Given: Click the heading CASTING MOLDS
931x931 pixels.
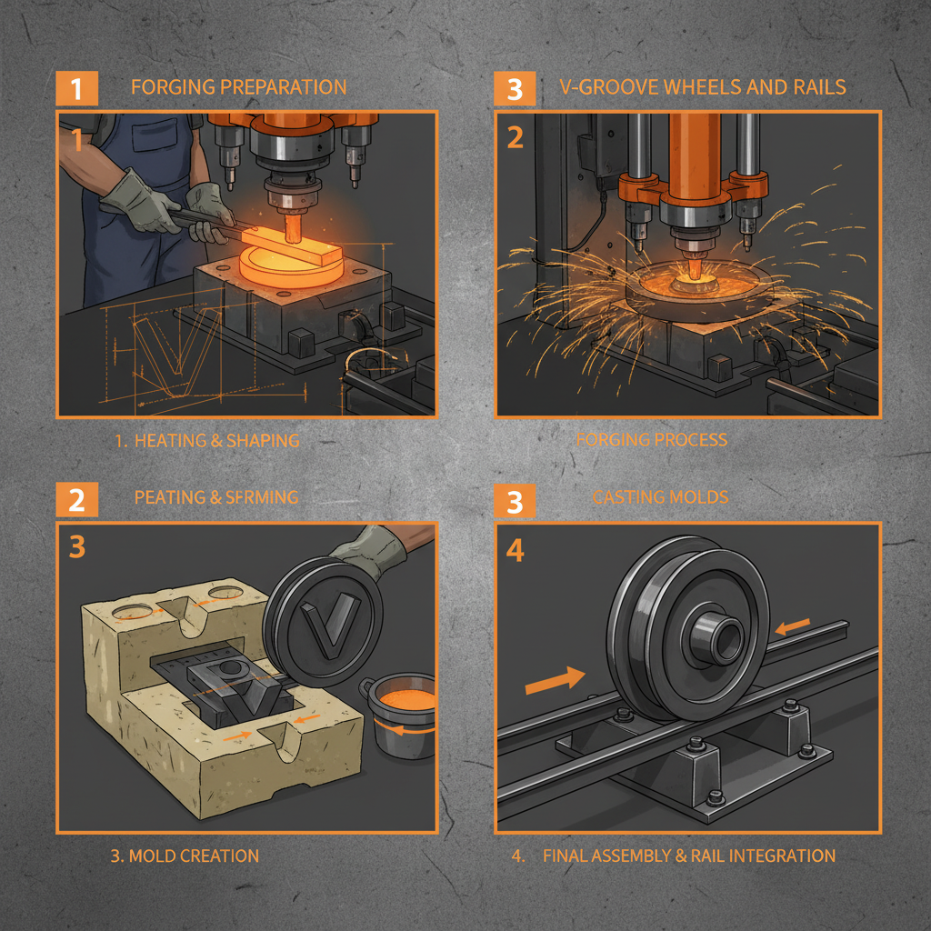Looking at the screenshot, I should pyautogui.click(x=660, y=497).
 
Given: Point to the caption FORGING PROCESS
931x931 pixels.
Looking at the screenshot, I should pyautogui.click(x=652, y=440).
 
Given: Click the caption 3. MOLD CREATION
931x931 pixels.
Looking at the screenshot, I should pyautogui.click(x=185, y=856).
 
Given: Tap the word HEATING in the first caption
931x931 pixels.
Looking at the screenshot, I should pyautogui.click(x=170, y=440).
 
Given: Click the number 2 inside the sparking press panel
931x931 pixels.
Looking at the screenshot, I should pyautogui.click(x=516, y=137).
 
